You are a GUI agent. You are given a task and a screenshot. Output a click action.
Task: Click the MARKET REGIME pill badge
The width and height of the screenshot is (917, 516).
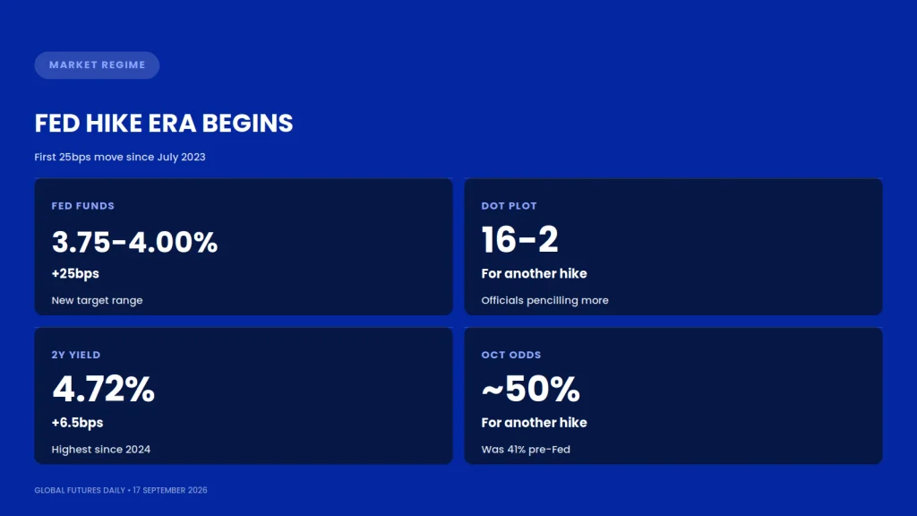pos(97,64)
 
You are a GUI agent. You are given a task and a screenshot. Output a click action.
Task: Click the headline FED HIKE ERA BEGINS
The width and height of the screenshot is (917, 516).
pos(164,124)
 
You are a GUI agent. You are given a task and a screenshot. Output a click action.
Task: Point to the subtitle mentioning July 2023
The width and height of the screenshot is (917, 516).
pos(120,157)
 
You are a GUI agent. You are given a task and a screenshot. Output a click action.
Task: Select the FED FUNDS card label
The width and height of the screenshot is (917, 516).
pos(83,206)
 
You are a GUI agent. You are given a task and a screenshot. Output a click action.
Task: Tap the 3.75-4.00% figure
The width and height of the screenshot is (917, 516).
pos(134,242)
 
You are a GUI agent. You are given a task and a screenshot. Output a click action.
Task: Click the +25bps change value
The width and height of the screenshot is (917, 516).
pos(75,274)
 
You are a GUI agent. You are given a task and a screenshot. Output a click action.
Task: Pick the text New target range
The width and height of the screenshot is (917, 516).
pos(97,300)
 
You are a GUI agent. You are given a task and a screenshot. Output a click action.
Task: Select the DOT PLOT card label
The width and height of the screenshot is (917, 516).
pos(509,206)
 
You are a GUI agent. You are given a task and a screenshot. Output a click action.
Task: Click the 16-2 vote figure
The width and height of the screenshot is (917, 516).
pos(520,240)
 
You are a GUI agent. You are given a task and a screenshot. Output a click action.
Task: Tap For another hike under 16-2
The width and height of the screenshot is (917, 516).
pos(534,274)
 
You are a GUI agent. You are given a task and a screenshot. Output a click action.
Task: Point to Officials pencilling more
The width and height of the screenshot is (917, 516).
pos(545,300)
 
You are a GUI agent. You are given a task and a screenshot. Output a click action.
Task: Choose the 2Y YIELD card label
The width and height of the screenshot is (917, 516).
pos(76,355)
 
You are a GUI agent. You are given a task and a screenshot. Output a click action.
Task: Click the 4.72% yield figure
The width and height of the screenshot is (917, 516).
pos(104,389)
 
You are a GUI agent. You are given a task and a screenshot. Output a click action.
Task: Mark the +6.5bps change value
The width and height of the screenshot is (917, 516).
pos(77,423)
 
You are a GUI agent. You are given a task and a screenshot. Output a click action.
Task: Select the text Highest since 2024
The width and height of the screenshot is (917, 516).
pos(101,450)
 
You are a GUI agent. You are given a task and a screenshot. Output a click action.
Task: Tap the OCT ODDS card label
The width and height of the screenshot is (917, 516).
pos(511,355)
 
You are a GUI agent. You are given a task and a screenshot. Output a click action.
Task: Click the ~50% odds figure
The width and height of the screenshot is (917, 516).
pos(530,389)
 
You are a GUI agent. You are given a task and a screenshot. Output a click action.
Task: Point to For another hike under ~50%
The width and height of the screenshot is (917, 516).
pos(534,423)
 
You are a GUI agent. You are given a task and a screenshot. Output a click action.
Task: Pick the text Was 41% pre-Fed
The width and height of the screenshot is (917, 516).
pos(526,450)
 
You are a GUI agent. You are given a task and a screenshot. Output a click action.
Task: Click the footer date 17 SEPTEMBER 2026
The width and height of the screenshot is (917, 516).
pos(170,490)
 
